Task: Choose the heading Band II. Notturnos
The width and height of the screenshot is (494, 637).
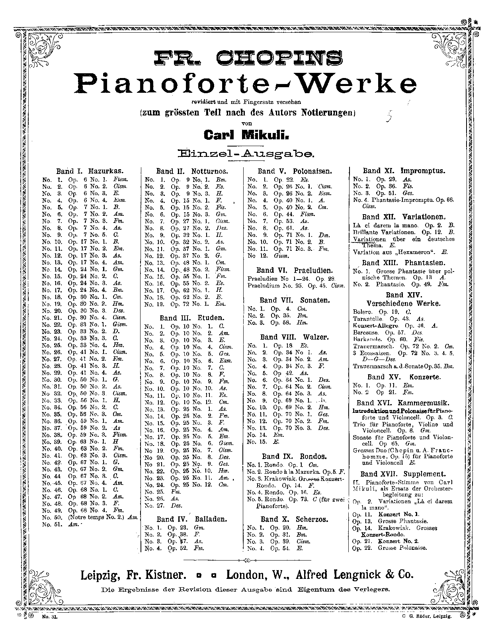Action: pos(192,172)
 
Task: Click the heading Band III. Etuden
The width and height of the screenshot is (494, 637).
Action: pos(192,318)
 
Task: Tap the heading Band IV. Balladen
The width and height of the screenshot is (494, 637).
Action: pos(191,519)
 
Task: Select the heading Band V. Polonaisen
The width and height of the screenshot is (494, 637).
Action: pos(295,171)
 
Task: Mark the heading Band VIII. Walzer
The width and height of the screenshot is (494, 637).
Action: pos(295,337)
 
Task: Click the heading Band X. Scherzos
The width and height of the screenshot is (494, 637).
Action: pos(295,519)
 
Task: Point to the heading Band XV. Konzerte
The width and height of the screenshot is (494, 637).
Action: pos(404,377)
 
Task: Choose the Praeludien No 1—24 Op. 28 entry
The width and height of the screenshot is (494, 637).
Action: pos(292,278)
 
